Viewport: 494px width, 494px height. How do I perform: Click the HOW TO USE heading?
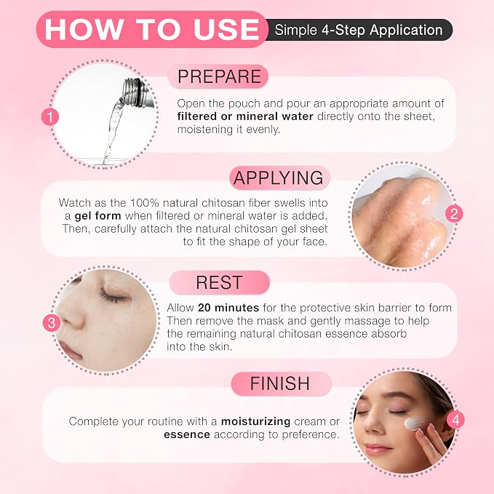(152, 30)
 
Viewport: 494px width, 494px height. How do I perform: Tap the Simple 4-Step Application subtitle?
(359, 31)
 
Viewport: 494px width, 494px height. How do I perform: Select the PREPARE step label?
(219, 76)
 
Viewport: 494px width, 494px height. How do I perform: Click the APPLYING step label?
(279, 178)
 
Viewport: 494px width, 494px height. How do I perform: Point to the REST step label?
(219, 282)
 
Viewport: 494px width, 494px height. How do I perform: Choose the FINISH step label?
(280, 383)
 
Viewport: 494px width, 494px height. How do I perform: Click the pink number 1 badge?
(50, 117)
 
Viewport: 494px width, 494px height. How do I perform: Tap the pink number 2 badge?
(454, 214)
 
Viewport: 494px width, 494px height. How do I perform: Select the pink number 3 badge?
(52, 323)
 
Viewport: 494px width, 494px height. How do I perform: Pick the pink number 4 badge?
(456, 420)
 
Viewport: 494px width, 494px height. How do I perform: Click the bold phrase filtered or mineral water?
(245, 116)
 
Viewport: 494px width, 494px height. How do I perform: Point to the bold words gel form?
(97, 216)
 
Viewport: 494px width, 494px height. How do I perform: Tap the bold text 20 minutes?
(228, 308)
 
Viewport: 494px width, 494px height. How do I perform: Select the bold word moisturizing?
(255, 421)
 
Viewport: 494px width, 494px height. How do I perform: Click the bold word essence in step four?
(187, 434)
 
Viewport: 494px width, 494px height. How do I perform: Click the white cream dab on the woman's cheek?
(413, 423)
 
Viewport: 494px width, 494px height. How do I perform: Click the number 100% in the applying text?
(144, 202)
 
